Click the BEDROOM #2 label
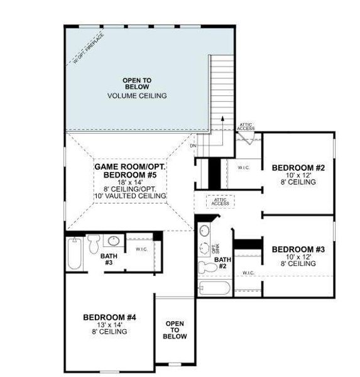pyautogui.click(x=298, y=168)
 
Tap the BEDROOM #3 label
pyautogui.click(x=298, y=249)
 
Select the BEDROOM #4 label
pyautogui.click(x=109, y=316)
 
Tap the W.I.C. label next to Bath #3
pyautogui.click(x=141, y=248)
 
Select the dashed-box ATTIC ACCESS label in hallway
pyautogui.click(x=221, y=202)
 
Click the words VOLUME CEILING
pyautogui.click(x=136, y=96)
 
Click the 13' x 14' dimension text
pyautogui.click(x=109, y=324)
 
